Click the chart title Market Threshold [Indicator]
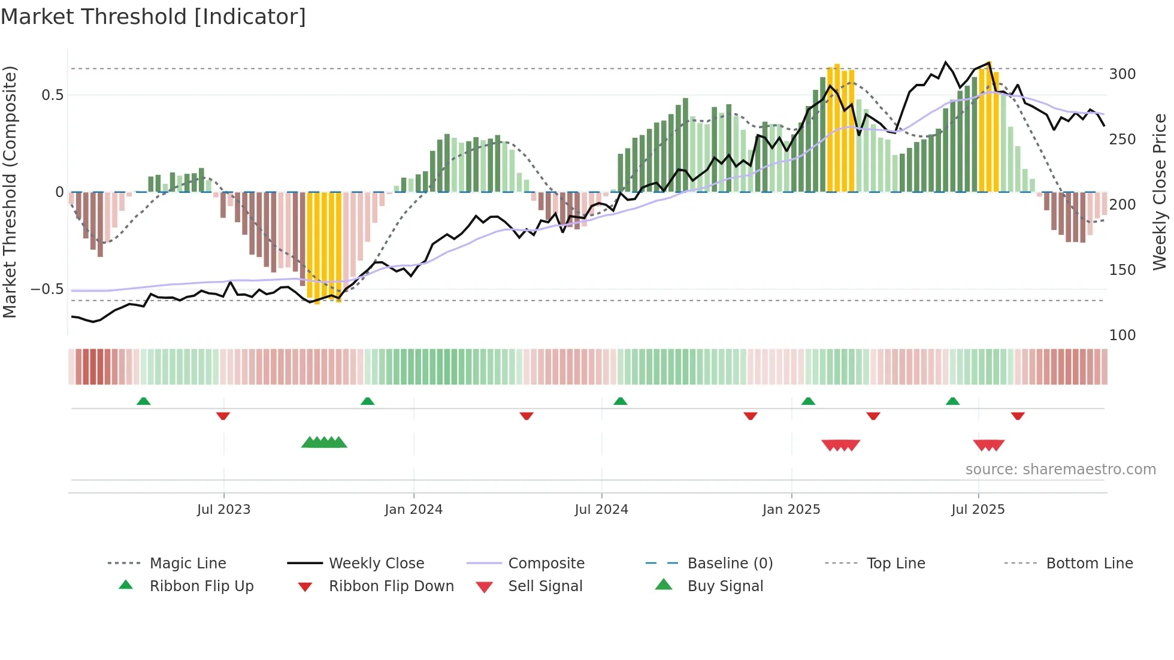tap(153, 17)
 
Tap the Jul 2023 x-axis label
tap(223, 510)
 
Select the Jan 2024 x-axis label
tap(413, 510)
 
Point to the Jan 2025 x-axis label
tap(791, 510)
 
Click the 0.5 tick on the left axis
tap(52, 95)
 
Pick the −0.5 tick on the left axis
tap(47, 289)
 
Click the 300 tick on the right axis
tap(1122, 74)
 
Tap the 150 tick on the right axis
tap(1122, 270)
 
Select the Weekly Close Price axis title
tap(1160, 192)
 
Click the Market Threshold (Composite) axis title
tap(10, 192)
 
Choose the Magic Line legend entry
tap(187, 564)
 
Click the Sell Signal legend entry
tap(545, 586)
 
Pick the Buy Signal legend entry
tap(725, 586)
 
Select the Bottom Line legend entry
tap(1089, 564)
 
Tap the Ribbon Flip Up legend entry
tap(201, 586)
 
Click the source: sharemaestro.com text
tap(1060, 470)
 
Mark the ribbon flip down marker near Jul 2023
tap(223, 416)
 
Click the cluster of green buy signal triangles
tap(324, 443)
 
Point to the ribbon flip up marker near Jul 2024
tap(620, 401)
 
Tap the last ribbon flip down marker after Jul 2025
tap(1018, 416)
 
